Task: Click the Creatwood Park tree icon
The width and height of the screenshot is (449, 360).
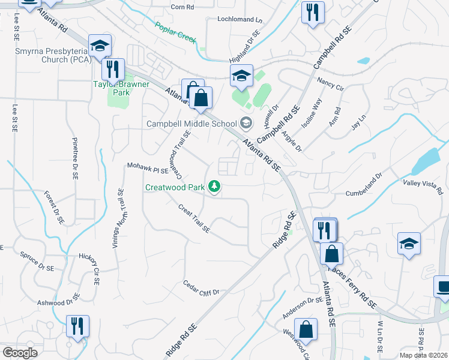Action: [214, 187]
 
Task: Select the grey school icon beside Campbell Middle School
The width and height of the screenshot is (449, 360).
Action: [245, 124]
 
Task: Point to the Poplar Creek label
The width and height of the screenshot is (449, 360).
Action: [175, 31]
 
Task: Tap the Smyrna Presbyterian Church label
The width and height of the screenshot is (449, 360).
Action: [51, 55]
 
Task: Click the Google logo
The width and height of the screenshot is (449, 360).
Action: [20, 353]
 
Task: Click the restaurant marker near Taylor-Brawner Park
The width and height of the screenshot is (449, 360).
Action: [112, 70]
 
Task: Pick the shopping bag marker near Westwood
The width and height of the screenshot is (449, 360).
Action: [306, 330]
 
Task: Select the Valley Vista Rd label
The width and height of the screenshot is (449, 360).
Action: [423, 186]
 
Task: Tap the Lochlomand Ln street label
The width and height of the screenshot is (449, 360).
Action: [240, 20]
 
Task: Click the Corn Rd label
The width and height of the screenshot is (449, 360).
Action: [182, 7]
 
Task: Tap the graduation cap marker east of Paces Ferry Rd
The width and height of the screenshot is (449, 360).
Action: [409, 244]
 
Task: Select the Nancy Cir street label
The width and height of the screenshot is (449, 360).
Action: [330, 83]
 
